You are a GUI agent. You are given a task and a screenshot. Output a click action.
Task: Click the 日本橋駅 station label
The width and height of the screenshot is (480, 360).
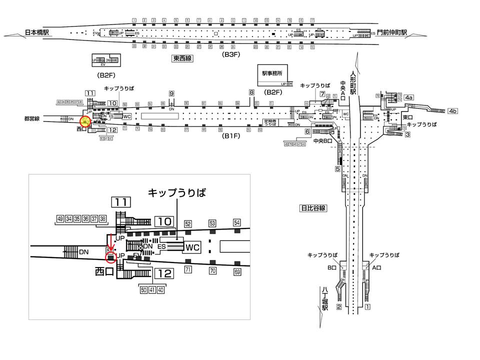[37, 33]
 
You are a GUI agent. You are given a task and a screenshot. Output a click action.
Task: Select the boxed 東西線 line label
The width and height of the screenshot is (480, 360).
[183, 58]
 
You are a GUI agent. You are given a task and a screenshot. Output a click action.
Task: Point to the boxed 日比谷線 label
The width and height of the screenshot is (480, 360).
[313, 208]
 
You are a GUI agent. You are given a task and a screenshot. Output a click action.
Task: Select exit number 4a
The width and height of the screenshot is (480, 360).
[408, 97]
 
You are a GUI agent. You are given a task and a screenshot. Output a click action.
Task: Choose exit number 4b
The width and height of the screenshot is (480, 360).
[453, 110]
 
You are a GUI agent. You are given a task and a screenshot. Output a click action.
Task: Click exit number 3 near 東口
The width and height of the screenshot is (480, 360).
[408, 134]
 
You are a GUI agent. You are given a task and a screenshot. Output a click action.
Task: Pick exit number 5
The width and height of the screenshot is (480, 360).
[338, 168]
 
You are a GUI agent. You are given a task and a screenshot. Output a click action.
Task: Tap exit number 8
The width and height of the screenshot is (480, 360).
[251, 92]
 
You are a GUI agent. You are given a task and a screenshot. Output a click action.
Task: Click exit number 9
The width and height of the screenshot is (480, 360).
[171, 93]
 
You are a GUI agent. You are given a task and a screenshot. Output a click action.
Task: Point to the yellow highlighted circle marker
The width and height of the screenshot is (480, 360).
[86, 121]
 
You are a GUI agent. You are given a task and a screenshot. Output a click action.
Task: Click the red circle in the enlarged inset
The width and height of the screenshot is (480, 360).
[110, 257]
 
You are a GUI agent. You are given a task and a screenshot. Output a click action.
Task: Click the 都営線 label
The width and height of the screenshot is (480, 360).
[33, 119]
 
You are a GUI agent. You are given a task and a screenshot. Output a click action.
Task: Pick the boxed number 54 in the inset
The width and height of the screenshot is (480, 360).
[237, 222]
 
